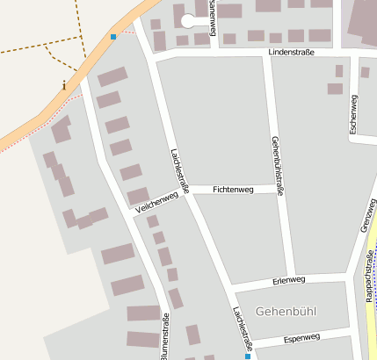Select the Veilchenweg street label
157,203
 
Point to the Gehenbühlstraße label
278,165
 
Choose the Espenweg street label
301,337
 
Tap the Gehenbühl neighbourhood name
286,312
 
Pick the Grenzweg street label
367,215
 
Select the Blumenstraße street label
163,334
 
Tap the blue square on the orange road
112,37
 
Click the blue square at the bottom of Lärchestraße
248,356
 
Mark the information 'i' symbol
64,85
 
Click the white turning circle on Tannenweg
188,20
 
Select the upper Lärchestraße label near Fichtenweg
179,170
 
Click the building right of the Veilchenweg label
138,196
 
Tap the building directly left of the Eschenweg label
335,89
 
